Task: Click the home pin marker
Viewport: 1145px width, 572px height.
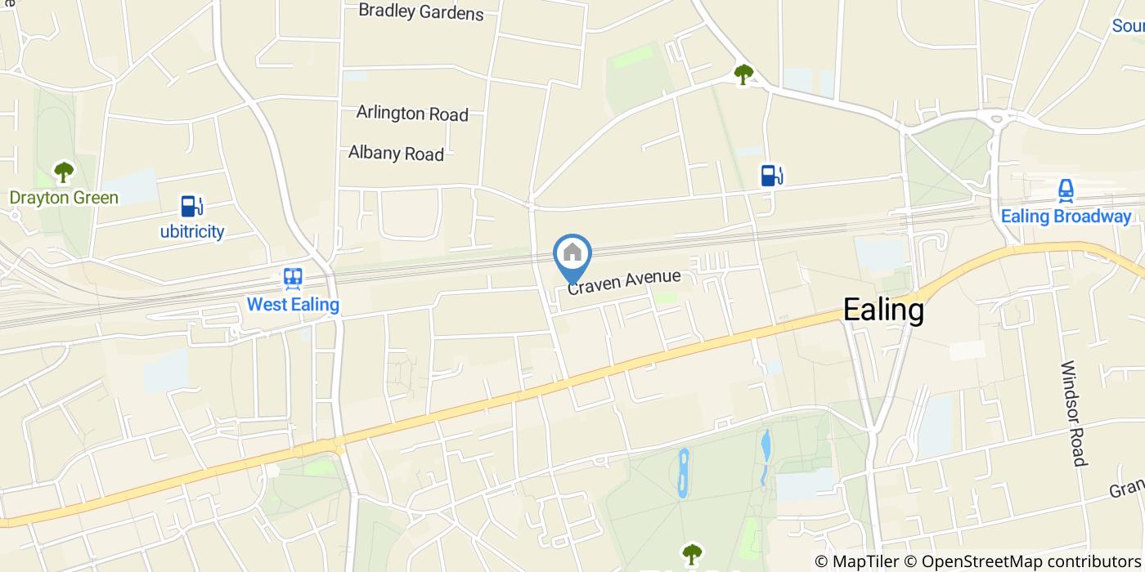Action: click(572, 254)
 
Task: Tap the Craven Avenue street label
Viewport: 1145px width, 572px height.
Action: click(624, 281)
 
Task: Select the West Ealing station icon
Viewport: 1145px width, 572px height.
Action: click(293, 279)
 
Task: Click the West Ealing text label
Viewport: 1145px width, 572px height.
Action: click(293, 306)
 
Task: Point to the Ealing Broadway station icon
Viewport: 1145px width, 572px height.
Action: click(1066, 191)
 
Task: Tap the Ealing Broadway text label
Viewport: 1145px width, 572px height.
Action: click(1066, 217)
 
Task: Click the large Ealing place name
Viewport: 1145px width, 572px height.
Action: click(883, 311)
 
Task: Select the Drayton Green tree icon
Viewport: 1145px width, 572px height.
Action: click(64, 172)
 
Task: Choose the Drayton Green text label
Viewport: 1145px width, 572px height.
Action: click(64, 198)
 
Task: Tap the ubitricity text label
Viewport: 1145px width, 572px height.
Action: click(191, 231)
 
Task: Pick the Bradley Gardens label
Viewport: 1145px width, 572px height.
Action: click(421, 12)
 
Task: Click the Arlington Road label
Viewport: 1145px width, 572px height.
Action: click(412, 114)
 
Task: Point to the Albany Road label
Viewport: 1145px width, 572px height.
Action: click(396, 153)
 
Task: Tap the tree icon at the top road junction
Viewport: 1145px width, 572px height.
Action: click(743, 75)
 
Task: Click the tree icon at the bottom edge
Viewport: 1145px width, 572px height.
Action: click(692, 554)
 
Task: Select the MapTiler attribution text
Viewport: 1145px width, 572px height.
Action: click(855, 561)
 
